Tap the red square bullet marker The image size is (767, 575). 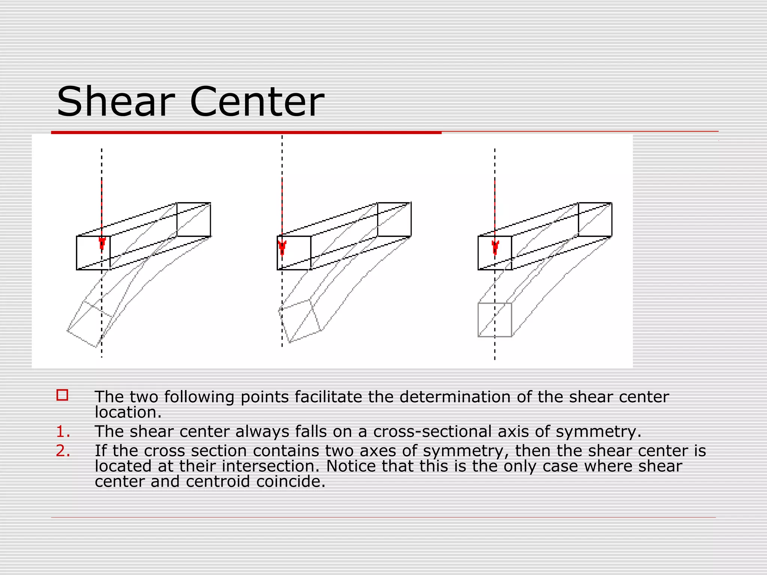pyautogui.click(x=62, y=395)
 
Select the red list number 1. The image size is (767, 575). pyautogui.click(x=63, y=432)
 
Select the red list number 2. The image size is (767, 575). pyautogui.click(x=63, y=451)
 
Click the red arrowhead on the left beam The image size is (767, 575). pyautogui.click(x=102, y=243)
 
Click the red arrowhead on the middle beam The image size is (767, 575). pyautogui.click(x=282, y=247)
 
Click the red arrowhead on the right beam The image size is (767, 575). pyautogui.click(x=495, y=247)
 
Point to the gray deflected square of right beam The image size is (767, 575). pyautogui.click(x=495, y=320)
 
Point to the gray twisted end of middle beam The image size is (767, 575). pyautogui.click(x=300, y=321)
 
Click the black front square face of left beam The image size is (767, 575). pyautogui.click(x=93, y=253)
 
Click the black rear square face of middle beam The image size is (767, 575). pyautogui.click(x=394, y=219)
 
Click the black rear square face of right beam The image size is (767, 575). pyautogui.click(x=595, y=219)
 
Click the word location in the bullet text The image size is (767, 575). pyautogui.click(x=128, y=413)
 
